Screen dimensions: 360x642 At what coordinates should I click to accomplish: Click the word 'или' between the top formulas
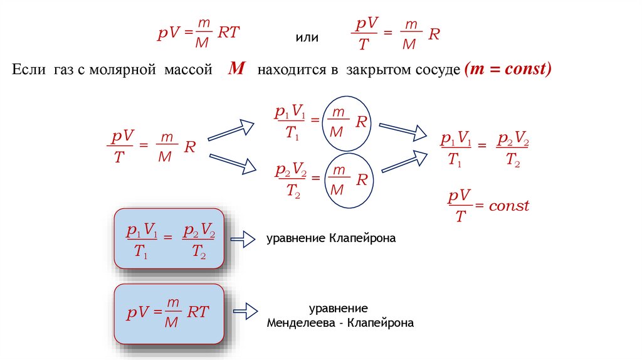click(x=307, y=38)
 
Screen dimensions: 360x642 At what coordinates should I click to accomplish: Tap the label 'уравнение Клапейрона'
click(x=332, y=239)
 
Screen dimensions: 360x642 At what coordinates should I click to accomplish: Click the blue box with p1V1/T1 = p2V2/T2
click(x=170, y=238)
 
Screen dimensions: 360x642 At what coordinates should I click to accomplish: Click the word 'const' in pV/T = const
click(x=509, y=206)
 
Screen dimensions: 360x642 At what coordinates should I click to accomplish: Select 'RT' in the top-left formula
click(x=228, y=33)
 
